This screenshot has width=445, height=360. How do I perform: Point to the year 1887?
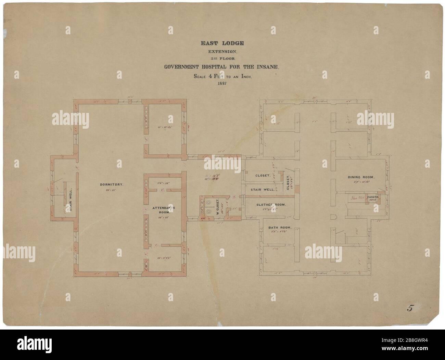(222, 83)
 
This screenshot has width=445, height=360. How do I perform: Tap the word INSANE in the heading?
(268, 67)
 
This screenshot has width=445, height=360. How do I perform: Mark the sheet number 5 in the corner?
(409, 308)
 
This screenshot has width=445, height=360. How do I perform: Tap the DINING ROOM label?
(361, 177)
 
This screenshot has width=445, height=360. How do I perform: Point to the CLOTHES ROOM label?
(271, 205)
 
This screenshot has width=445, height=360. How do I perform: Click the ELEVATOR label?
(374, 197)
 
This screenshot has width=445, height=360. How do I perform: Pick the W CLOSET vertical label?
(218, 207)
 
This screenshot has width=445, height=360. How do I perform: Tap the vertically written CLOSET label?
(288, 182)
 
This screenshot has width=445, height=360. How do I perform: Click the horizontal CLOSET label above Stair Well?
(263, 176)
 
